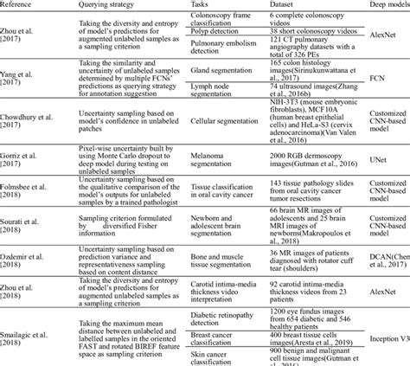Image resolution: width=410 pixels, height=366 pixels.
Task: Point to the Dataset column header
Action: pyautogui.click(x=287, y=4)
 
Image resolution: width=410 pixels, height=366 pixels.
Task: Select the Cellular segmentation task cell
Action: pyautogui.click(x=220, y=131)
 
